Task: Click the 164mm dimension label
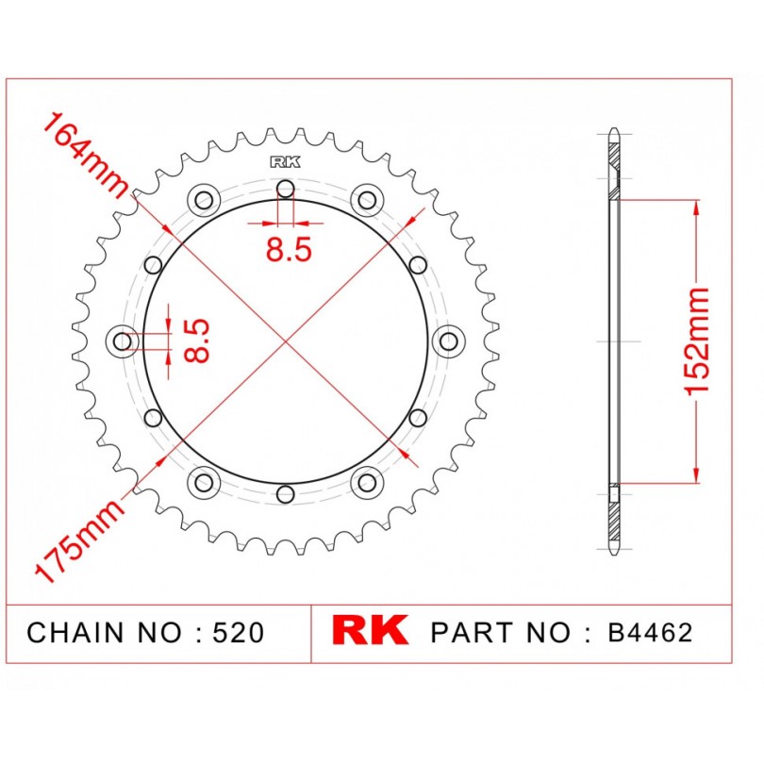point(86,156)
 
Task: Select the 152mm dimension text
point(696,341)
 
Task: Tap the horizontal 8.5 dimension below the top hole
point(289,249)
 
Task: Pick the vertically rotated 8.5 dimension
point(196,341)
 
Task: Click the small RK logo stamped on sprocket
point(286,162)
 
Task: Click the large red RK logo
point(370,630)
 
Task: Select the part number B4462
point(650,633)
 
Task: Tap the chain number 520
point(239,633)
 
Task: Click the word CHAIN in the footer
point(75,633)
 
